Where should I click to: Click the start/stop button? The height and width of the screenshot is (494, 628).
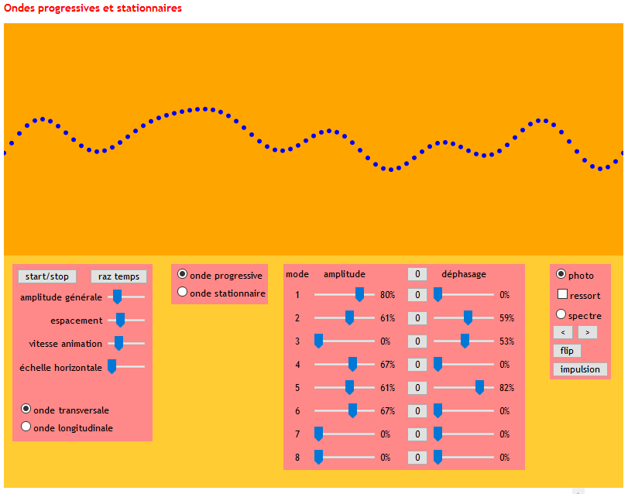[46, 276]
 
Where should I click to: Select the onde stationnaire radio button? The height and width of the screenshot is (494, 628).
[183, 292]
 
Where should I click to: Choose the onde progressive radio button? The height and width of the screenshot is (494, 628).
[183, 274]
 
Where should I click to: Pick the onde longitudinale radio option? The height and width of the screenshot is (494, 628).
[26, 426]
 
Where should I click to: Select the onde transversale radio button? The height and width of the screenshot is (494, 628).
[26, 409]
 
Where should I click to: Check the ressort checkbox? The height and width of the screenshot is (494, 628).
[562, 295]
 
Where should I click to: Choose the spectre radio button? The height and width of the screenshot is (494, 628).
[561, 314]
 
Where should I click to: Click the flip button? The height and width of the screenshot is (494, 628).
[567, 351]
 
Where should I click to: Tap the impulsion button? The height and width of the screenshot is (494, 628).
[580, 369]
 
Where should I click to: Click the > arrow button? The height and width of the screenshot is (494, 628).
[588, 332]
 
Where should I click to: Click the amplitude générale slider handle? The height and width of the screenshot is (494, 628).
[117, 296]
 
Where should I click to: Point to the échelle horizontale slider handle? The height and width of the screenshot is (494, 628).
[112, 366]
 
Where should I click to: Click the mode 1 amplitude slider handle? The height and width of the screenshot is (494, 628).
[359, 294]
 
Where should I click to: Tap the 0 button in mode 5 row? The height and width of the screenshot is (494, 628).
[417, 388]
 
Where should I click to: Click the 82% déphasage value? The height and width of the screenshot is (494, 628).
[506, 388]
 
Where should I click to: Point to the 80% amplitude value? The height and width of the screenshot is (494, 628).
[387, 295]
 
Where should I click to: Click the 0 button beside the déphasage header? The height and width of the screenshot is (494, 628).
[417, 274]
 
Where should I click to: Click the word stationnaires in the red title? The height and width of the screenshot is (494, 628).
[147, 9]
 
